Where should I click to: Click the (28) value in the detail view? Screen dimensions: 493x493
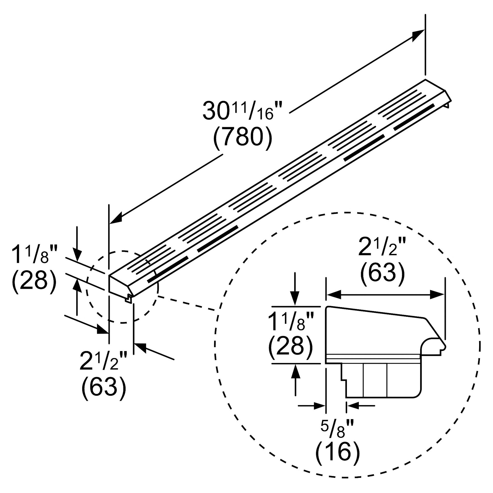290,347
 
